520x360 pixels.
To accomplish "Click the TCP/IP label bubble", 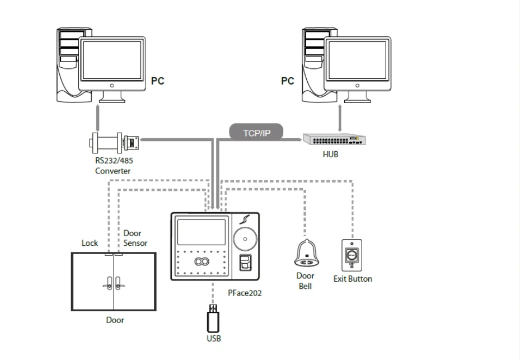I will pos(256,132).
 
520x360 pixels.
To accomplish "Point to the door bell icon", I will pos(306,255).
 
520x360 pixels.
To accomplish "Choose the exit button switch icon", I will pos(352,255).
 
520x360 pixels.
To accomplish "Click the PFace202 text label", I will pos(245,292).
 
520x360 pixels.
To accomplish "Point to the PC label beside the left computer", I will pos(158,81).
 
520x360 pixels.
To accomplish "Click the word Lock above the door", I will pos(90,243).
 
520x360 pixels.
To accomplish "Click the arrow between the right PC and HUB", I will pos(340,118).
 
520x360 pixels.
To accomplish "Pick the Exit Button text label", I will pos(353,278).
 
